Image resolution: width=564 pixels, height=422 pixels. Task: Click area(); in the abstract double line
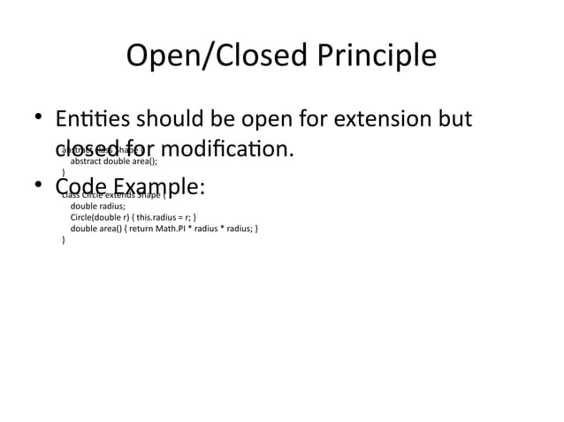coord(145,162)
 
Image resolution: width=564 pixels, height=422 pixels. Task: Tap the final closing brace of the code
coord(64,239)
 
